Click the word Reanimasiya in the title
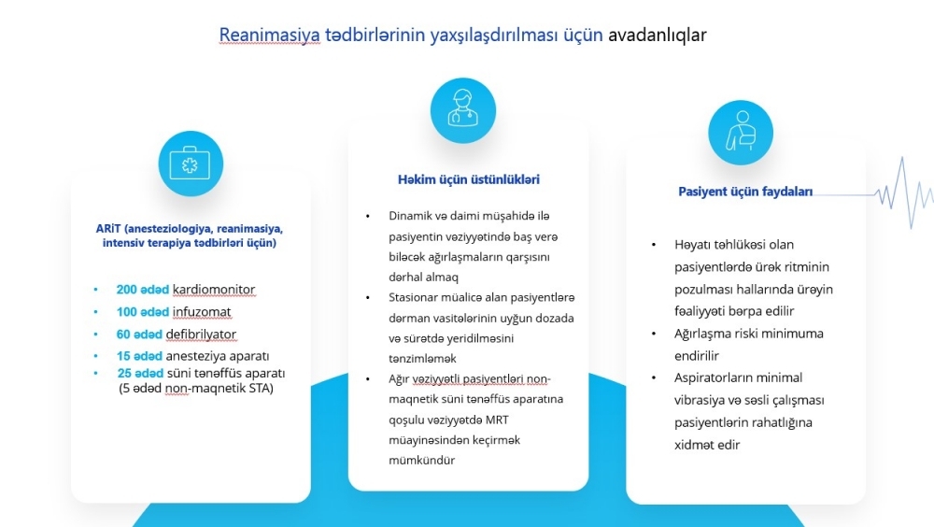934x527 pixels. click(269, 36)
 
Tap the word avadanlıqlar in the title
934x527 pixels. click(657, 35)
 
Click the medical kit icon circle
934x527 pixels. click(191, 164)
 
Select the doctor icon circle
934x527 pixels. click(463, 110)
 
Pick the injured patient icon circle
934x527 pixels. click(741, 133)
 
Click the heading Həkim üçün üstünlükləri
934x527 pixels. click(469, 179)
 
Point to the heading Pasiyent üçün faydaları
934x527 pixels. click(745, 192)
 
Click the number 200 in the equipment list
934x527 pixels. click(126, 290)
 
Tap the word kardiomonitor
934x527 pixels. click(214, 290)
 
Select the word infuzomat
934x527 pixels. click(202, 312)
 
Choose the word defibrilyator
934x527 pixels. click(201, 335)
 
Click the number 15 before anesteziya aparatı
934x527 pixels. click(123, 357)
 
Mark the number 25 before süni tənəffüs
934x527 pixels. click(124, 373)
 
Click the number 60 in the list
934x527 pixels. click(123, 335)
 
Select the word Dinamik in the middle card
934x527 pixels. click(411, 216)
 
